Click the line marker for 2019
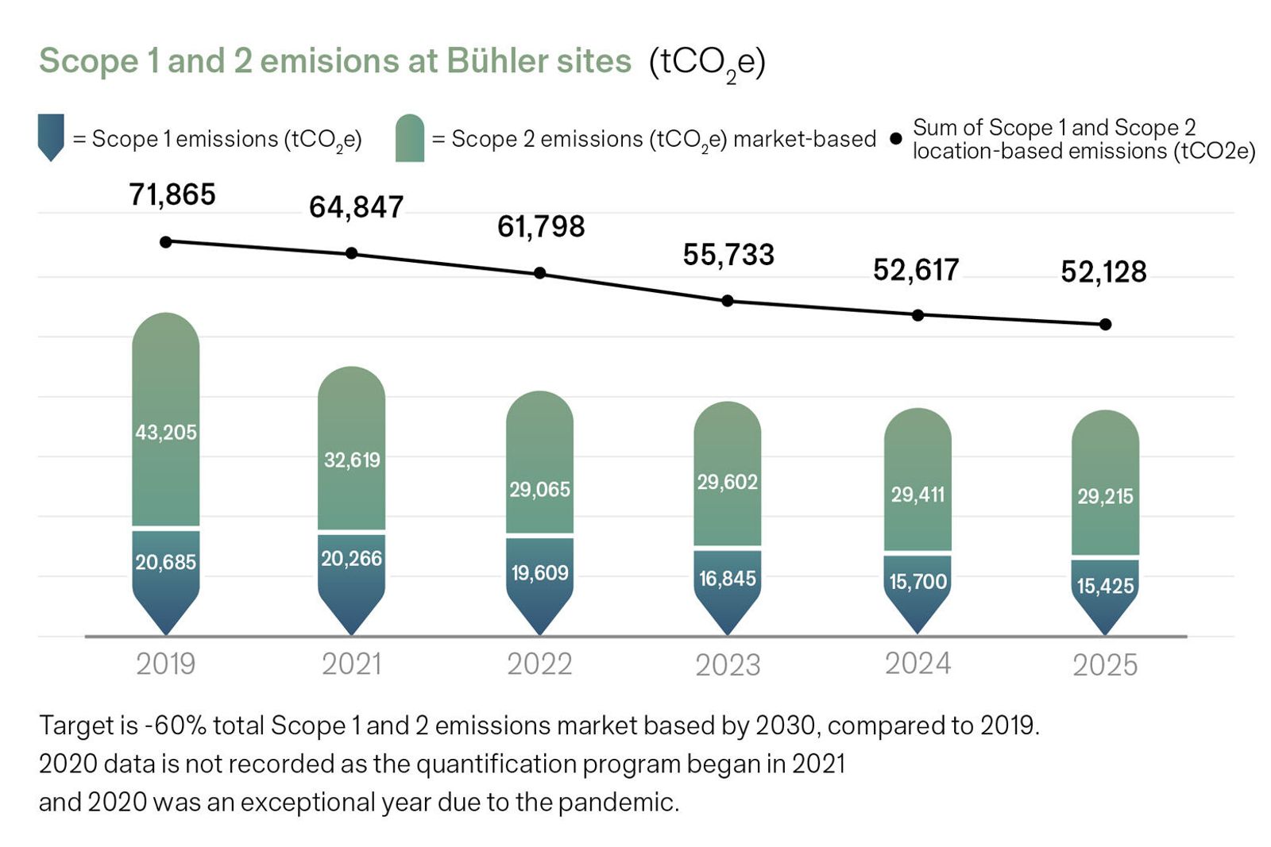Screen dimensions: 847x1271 pos(165,241)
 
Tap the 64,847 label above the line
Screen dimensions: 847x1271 pos(356,207)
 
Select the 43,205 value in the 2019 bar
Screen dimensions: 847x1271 pos(165,433)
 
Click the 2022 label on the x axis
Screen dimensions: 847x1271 pos(539,664)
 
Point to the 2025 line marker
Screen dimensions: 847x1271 pos(1105,324)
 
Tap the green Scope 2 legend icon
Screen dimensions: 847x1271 pos(410,139)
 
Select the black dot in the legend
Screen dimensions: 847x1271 pos(896,139)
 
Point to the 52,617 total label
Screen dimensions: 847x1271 pos(916,270)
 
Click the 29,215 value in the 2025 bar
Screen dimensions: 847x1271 pos(1105,497)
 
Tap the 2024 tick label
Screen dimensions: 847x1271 pos(918,664)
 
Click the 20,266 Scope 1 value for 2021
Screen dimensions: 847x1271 pos(351,559)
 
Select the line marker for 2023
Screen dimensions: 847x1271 pos(727,301)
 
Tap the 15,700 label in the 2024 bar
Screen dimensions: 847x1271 pos(918,582)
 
